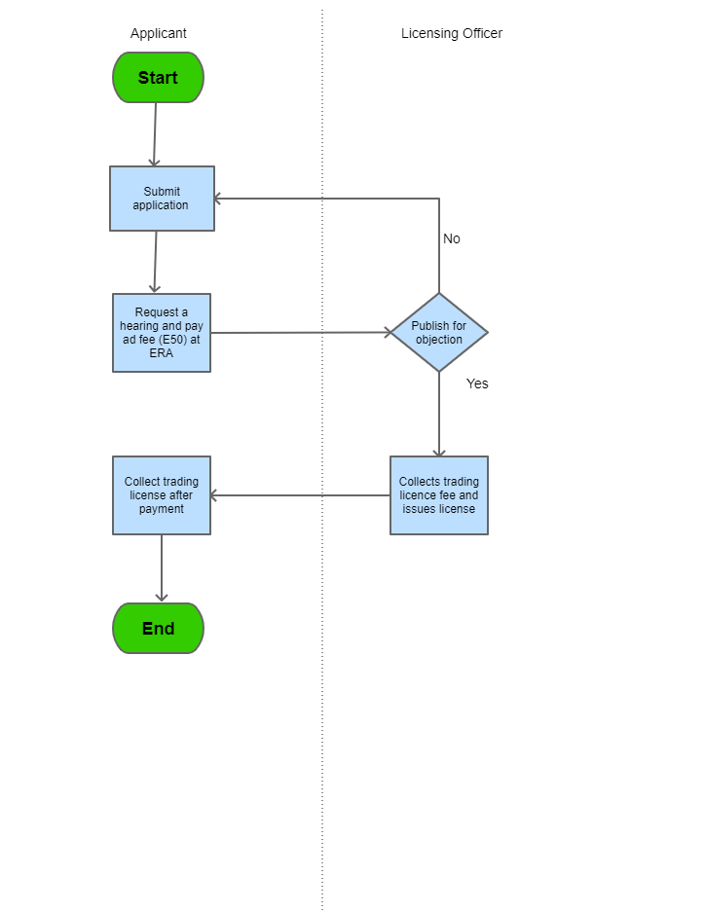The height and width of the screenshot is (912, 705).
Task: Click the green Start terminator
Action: coord(158,78)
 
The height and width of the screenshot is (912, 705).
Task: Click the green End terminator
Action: coord(158,629)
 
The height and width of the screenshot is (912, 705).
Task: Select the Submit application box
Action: coord(162,199)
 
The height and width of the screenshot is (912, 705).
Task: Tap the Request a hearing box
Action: coord(162,333)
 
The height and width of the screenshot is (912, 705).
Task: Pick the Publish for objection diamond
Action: coord(439,333)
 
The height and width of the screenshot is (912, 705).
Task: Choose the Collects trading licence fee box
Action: coord(439,495)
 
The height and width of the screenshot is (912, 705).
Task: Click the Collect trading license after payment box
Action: coord(162,495)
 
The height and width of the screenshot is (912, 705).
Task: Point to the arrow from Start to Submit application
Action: coord(155,134)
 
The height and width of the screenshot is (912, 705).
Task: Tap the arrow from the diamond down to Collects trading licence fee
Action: coord(439,414)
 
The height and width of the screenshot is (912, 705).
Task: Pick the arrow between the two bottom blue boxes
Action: coord(300,495)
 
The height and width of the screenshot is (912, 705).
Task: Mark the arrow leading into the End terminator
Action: coord(162,568)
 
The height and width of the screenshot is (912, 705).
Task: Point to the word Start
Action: coord(158,78)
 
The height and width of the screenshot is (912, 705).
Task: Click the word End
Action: coord(158,629)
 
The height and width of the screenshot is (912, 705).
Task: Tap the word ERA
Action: coord(162,353)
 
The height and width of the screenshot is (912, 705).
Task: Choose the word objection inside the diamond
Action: coord(439,340)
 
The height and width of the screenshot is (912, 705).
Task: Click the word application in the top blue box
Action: coord(162,205)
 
